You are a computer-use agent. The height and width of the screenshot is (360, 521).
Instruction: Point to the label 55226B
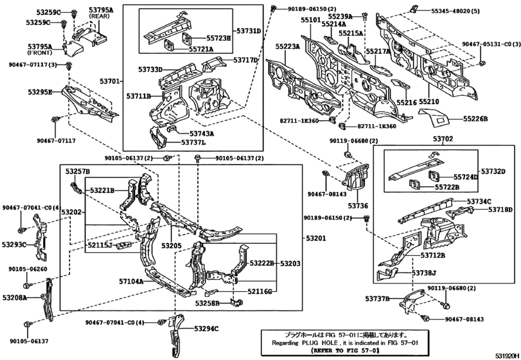476,119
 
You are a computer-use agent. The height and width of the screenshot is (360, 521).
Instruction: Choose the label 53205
172,246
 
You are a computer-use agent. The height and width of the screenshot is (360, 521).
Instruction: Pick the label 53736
360,206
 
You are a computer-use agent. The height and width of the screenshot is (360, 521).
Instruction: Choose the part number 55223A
288,46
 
